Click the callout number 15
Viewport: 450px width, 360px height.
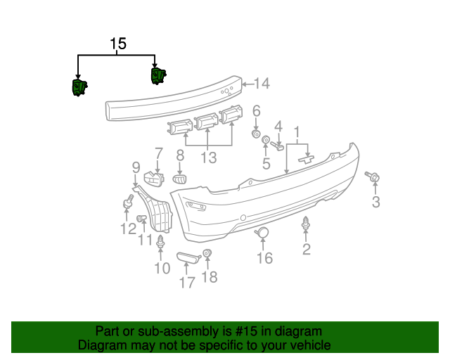coord(118,44)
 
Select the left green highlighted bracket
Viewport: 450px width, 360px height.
coord(78,88)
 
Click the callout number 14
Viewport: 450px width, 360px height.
coord(261,84)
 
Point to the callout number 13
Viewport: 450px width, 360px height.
coord(208,158)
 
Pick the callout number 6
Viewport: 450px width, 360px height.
coord(257,110)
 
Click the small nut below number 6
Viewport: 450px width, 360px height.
coord(257,133)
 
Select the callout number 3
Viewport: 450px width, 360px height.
coord(375,203)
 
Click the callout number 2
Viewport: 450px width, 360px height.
coord(307,249)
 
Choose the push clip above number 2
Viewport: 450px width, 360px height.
coord(307,224)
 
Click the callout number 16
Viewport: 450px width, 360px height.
coord(264,259)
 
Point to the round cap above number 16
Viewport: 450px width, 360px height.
coord(261,232)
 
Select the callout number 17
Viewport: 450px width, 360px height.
coord(186,283)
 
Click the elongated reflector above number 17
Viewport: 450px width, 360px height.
coord(187,259)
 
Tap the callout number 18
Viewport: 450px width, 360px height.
coord(210,277)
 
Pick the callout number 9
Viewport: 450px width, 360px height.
coord(136,167)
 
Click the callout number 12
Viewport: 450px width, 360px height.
coord(128,229)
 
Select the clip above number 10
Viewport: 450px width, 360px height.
coord(162,244)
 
